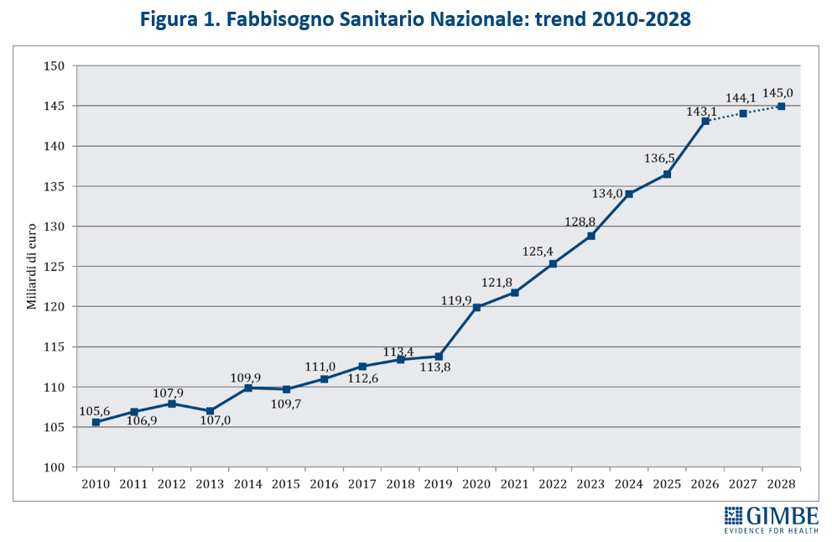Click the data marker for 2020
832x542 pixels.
pos(476,307)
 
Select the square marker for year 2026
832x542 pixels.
pos(705,121)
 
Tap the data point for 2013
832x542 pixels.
pos(210,411)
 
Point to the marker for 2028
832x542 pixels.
pos(782,107)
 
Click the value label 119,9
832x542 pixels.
pos(457,300)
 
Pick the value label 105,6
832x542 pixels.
pos(95,411)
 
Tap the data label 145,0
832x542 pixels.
pos(777,93)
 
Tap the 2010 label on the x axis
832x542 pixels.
pos(95,484)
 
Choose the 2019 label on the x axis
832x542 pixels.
pos(438,484)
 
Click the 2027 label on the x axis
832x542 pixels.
pos(743,484)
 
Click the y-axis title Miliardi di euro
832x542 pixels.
pos(32,267)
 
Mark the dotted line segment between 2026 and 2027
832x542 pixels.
pos(725,117)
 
